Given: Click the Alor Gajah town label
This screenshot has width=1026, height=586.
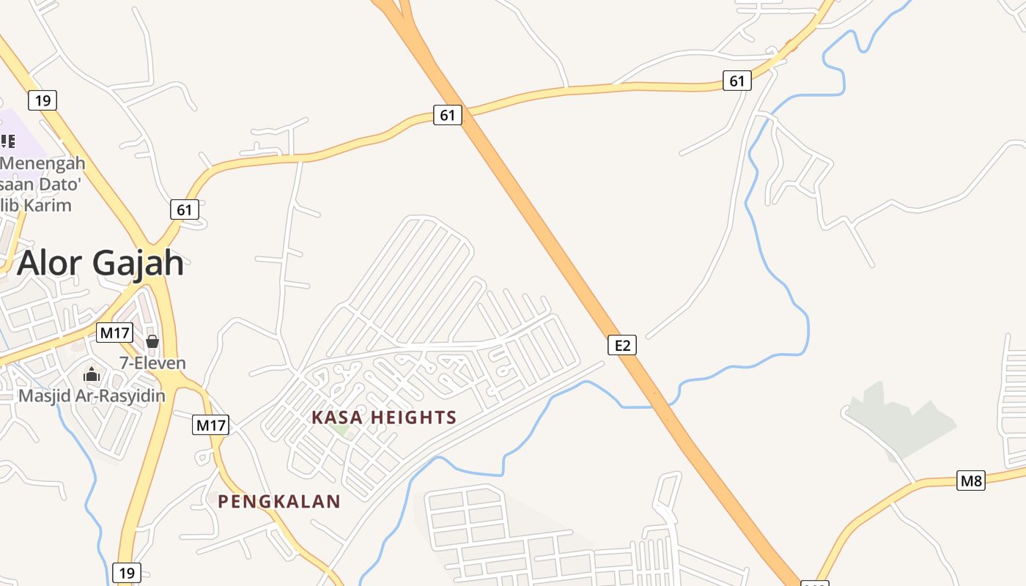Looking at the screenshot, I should (100, 263).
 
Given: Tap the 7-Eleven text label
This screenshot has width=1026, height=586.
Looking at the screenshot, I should (152, 363).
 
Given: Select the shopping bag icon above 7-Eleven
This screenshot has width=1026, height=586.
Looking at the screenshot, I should (152, 341).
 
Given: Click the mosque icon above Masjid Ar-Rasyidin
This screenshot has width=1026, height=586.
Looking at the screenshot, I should (91, 375).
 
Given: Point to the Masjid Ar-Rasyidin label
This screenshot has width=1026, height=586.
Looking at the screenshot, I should (92, 396).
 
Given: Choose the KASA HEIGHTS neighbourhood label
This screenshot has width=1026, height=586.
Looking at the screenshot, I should (384, 418).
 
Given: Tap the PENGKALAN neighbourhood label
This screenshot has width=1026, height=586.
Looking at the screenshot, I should (279, 502).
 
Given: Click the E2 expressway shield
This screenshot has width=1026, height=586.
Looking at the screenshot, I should (621, 345).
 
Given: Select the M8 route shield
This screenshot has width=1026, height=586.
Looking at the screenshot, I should (971, 481).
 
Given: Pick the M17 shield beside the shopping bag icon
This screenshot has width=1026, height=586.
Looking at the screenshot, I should (114, 333).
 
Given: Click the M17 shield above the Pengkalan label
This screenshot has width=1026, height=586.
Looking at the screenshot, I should (211, 425).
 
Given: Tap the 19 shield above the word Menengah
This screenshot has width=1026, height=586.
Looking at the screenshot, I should (43, 100).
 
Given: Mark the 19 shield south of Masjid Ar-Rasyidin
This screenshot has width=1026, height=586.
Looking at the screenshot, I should (126, 572).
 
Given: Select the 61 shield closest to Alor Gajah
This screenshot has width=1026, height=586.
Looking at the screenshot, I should (185, 209).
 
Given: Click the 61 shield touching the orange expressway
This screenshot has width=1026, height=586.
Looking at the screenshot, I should (448, 115).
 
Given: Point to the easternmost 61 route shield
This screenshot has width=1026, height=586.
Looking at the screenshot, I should (737, 81).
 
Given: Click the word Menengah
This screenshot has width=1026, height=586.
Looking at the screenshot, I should (43, 163).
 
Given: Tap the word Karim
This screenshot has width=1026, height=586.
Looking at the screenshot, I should (48, 205).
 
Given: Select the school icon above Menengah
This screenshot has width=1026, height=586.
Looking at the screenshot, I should (7, 141).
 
